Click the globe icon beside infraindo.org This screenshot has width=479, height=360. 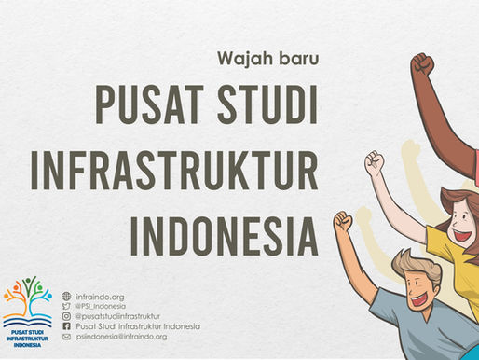66,296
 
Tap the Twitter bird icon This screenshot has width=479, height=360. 66,306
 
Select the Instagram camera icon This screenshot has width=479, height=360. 66,316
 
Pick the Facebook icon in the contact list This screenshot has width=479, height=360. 66,326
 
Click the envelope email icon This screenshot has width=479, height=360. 66,337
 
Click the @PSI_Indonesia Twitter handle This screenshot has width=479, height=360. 101,306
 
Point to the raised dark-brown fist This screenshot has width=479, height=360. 422,65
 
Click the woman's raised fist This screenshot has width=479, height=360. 374,161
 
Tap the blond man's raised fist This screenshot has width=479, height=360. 344,222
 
